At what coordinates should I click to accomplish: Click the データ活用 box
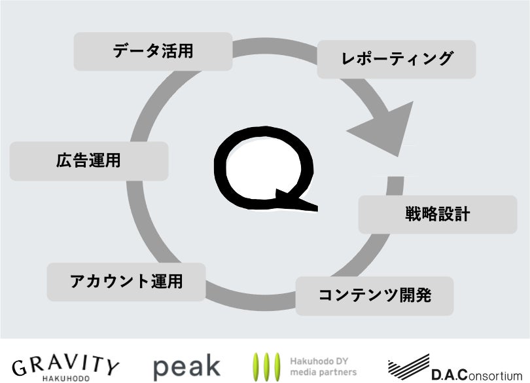[152, 51]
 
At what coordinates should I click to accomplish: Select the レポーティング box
[397, 59]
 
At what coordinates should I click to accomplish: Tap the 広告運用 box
[89, 160]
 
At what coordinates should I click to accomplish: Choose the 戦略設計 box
[437, 214]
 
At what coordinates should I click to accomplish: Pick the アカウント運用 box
[126, 282]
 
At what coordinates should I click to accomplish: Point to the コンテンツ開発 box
[374, 295]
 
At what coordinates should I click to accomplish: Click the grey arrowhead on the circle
[382, 127]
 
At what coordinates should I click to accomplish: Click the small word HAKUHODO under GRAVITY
[66, 378]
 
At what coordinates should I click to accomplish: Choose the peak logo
[186, 367]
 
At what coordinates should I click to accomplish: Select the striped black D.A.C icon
[408, 367]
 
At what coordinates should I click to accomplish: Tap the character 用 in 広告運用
[113, 160]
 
